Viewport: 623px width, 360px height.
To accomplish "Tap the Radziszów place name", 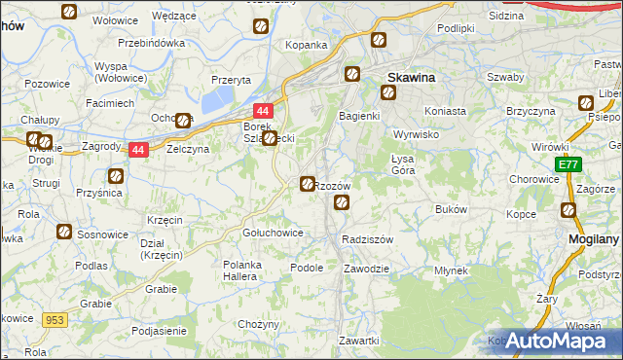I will [367, 239].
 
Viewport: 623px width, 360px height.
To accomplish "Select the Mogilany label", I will [593, 238].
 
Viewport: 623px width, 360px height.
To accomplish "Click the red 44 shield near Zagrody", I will [138, 150].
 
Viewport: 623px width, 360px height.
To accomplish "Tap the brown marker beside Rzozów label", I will [308, 183].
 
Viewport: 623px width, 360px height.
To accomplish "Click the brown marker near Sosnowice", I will [63, 232].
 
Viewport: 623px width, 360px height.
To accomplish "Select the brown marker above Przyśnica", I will [116, 176].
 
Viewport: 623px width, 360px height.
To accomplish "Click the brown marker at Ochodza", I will [184, 121].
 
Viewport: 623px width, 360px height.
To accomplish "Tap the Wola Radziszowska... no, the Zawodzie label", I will [367, 269].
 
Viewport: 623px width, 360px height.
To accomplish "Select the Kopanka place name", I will [305, 45].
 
